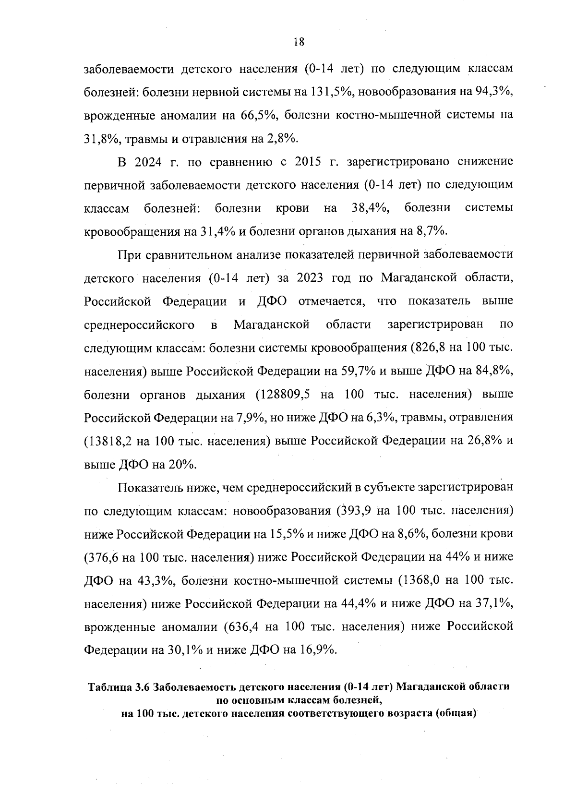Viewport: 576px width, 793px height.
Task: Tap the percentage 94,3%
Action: pyautogui.click(x=494, y=92)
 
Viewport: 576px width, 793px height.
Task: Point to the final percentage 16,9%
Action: pyautogui.click(x=317, y=650)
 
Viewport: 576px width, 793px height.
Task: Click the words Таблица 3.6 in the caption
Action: pyautogui.click(x=119, y=687)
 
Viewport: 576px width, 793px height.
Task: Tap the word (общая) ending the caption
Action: pyautogui.click(x=456, y=713)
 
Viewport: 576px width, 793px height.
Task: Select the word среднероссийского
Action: pyautogui.click(x=139, y=325)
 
